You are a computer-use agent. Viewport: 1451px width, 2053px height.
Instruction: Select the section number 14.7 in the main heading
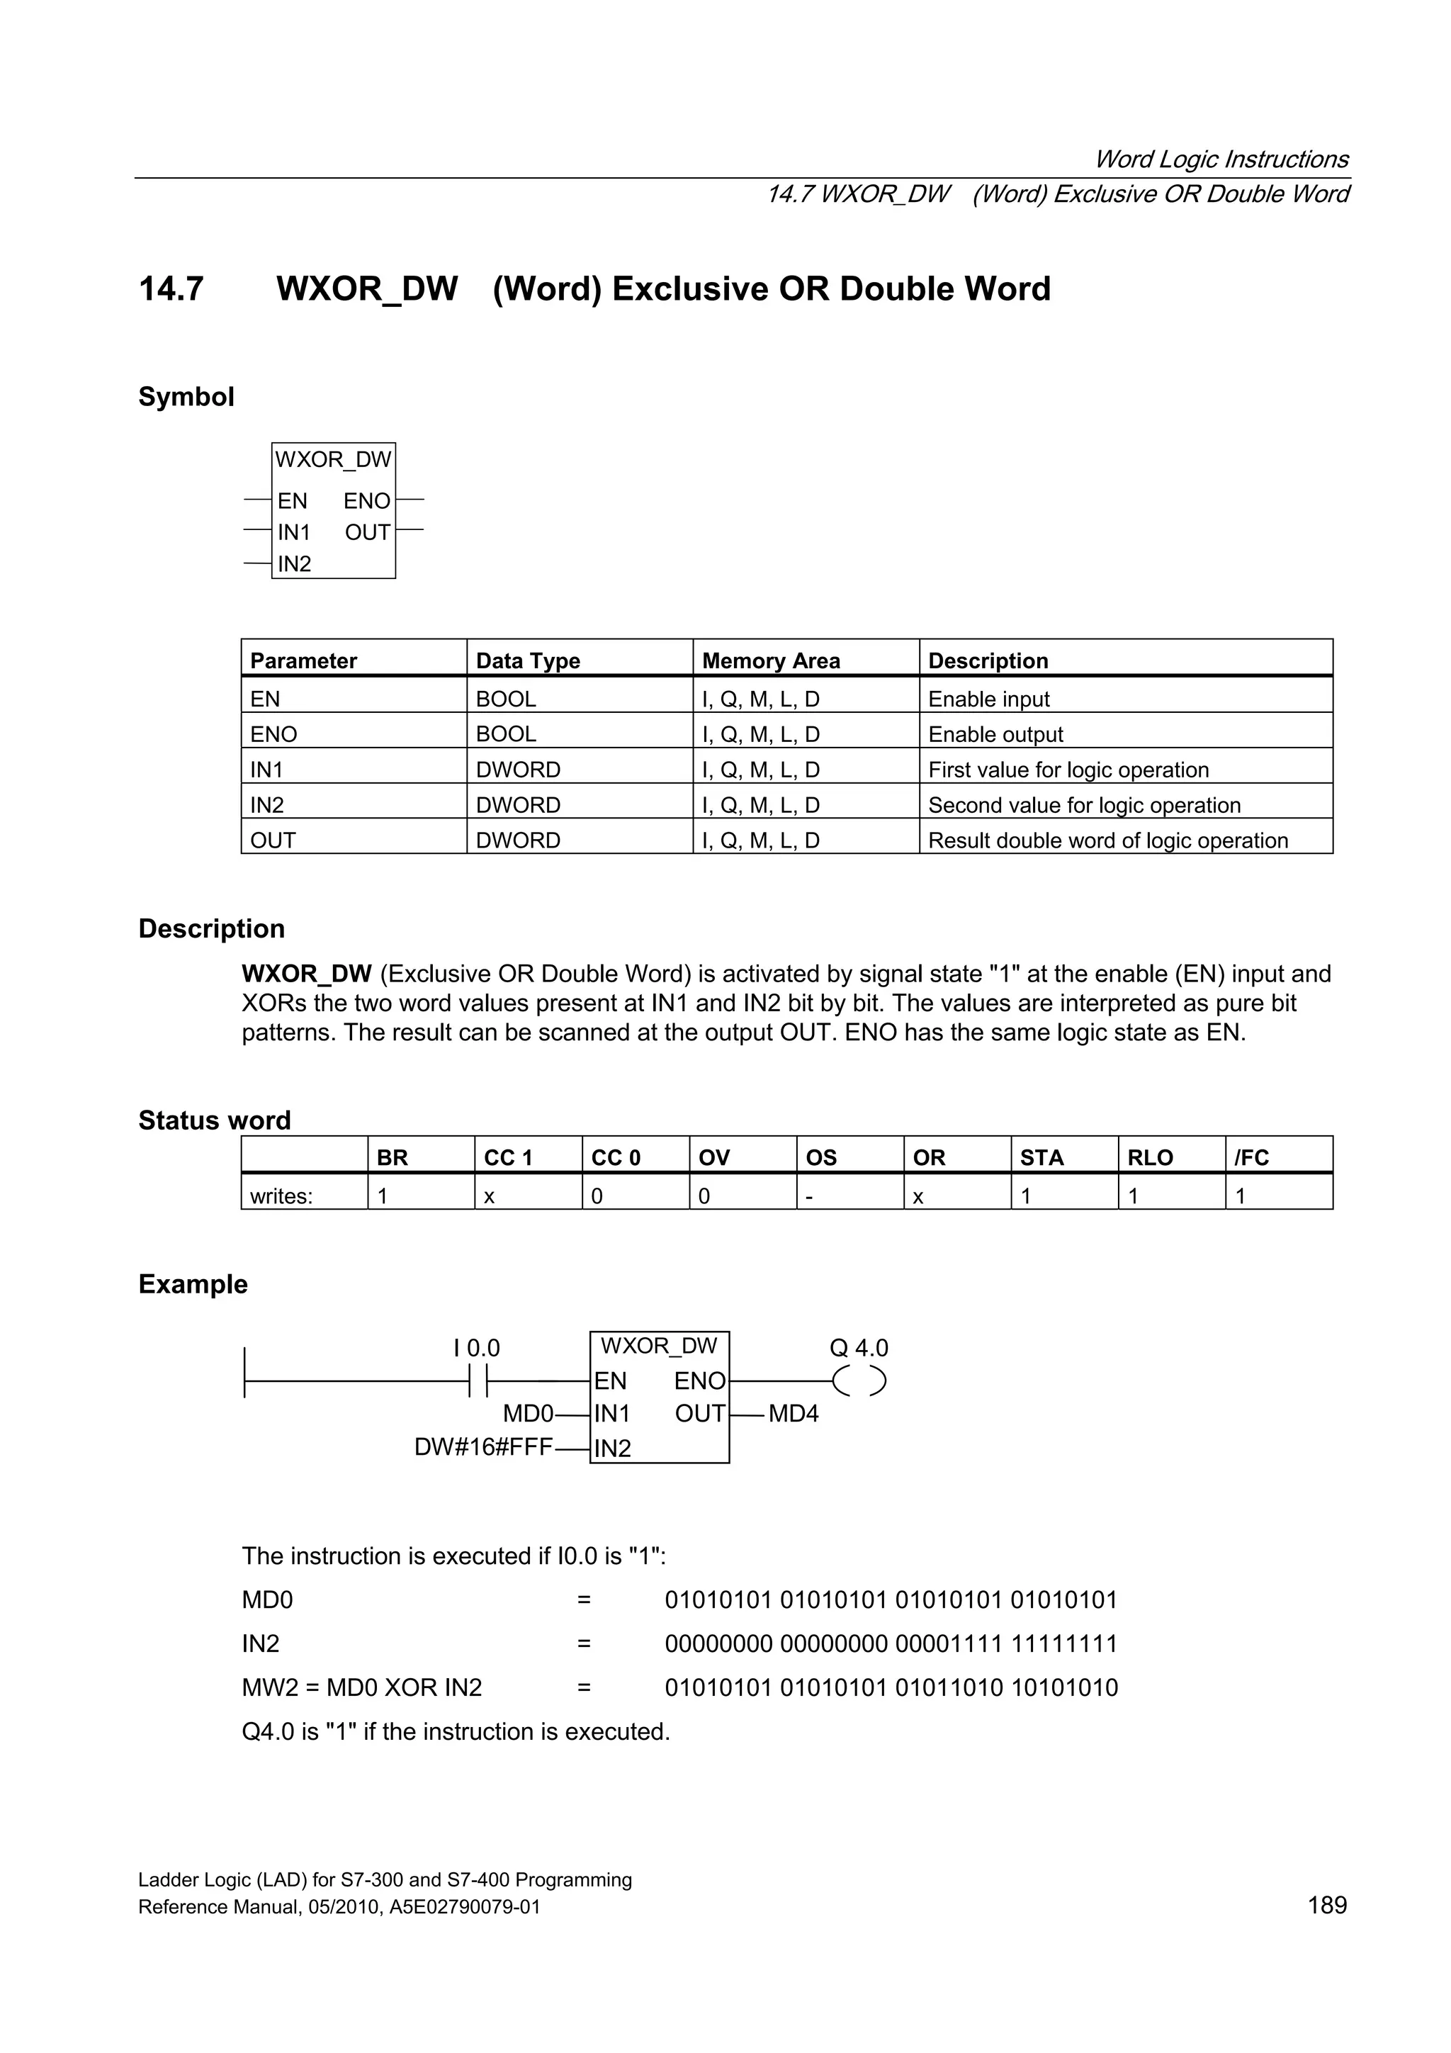coord(171,289)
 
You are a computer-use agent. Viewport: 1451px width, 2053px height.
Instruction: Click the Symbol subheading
coord(186,396)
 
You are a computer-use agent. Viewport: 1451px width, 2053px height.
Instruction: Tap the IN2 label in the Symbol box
coord(294,564)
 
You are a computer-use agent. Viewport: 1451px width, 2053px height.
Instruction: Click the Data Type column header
coord(527,660)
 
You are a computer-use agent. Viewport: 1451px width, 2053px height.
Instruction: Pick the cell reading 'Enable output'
coord(995,734)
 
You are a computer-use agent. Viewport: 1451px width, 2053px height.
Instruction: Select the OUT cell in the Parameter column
coord(273,840)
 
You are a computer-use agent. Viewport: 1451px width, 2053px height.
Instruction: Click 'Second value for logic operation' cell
coord(1083,805)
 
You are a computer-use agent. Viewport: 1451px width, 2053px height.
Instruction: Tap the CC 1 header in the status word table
coord(508,1158)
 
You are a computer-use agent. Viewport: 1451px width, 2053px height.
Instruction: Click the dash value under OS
coord(809,1196)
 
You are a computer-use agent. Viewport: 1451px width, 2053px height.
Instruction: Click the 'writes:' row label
coord(281,1196)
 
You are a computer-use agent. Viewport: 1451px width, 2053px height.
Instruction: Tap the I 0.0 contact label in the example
coord(477,1347)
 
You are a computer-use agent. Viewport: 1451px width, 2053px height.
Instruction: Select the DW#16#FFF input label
coord(482,1447)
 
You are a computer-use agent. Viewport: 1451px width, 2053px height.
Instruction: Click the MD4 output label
coord(793,1414)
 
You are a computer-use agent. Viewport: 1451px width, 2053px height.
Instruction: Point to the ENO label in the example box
coord(699,1381)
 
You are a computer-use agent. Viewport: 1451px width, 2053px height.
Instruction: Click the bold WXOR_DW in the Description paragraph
coord(306,974)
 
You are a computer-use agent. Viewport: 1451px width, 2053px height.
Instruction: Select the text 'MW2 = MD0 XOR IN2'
coord(361,1687)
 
